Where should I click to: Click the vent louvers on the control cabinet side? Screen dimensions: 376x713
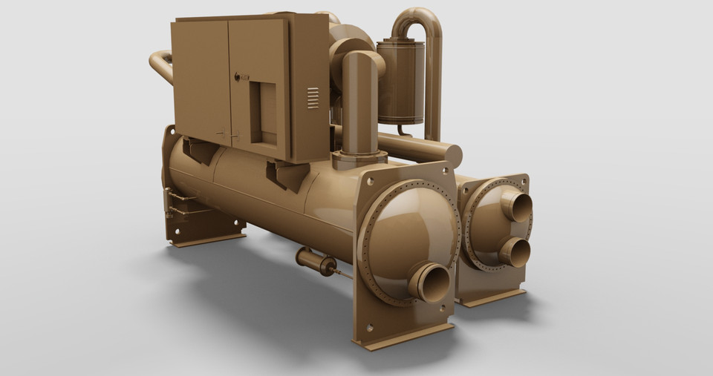(313, 98)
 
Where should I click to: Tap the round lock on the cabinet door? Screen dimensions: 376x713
(237, 76)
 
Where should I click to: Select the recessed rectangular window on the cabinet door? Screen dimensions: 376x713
(263, 112)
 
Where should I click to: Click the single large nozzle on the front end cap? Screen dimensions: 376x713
(430, 282)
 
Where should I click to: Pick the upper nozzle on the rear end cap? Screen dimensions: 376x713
(517, 207)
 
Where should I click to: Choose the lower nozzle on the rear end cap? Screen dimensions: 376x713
(514, 251)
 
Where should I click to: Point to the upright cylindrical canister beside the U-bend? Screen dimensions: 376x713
(400, 82)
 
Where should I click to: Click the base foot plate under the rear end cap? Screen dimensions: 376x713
(489, 297)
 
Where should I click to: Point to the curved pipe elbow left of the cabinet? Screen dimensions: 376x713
(160, 65)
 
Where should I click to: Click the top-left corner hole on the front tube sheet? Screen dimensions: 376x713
(370, 181)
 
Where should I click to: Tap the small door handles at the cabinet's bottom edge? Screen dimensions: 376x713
(227, 136)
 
